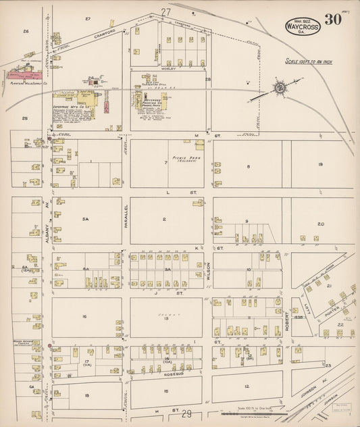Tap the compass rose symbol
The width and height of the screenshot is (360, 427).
(280, 88)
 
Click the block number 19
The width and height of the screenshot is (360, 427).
(320, 165)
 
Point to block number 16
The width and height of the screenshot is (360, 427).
(85, 316)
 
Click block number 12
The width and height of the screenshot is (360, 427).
(247, 385)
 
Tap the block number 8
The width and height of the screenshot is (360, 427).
(248, 166)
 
